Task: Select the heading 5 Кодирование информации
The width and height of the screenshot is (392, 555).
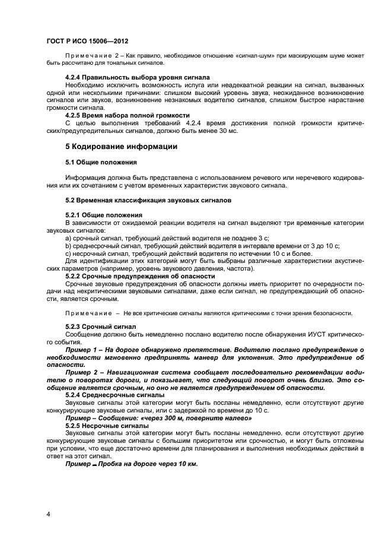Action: point(121,147)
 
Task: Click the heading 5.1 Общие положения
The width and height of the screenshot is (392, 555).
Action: point(101,161)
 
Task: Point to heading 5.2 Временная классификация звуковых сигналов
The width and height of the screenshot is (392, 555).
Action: point(148,200)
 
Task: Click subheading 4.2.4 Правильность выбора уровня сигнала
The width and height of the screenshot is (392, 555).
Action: point(138,78)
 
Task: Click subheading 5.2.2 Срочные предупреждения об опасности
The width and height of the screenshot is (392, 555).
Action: point(140,276)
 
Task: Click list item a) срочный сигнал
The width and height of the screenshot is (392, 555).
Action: point(167,237)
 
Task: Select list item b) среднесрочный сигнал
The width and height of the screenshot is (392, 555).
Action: point(202,245)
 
